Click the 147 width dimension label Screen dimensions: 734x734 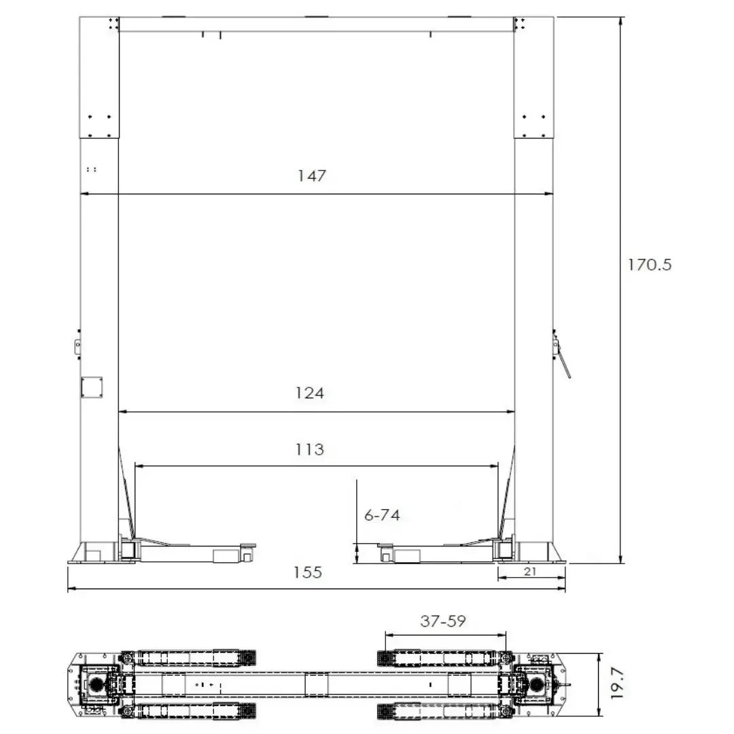(x=312, y=176)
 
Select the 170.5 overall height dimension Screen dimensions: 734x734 (x=649, y=264)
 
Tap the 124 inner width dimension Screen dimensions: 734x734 (x=310, y=394)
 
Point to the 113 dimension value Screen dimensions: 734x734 (x=310, y=449)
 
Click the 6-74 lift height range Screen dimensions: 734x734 (x=382, y=515)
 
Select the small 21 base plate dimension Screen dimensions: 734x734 (x=531, y=572)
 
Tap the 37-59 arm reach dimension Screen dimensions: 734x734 (x=443, y=621)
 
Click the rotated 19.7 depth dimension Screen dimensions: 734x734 (x=616, y=683)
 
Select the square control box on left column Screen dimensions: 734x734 (x=91, y=387)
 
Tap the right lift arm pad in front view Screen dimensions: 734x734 (x=385, y=545)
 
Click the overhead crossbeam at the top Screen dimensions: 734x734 (x=316, y=24)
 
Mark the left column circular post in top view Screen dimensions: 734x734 (x=95, y=684)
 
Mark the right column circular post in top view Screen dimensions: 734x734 (x=537, y=684)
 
